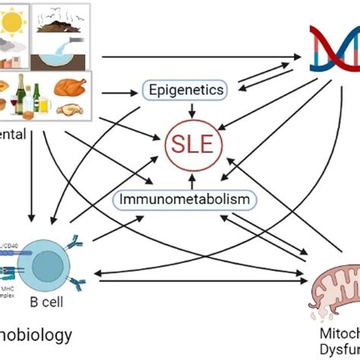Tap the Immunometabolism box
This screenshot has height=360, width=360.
pos(185,200)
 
